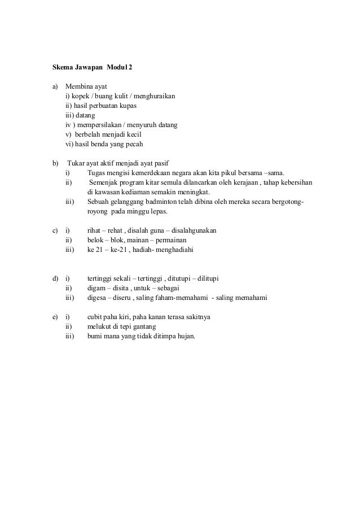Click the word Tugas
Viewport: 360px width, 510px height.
click(x=97, y=173)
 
